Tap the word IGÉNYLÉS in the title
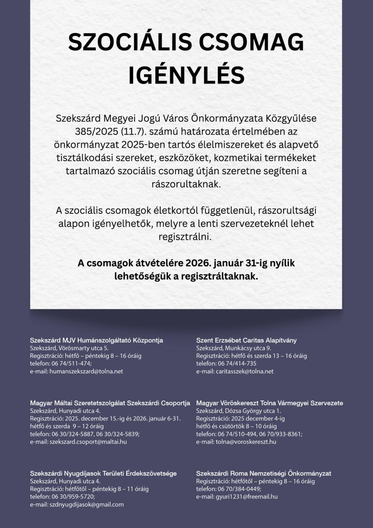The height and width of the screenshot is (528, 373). click(x=186, y=75)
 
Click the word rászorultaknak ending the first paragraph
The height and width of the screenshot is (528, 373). click(x=186, y=183)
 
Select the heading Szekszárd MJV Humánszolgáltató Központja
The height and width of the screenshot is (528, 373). click(x=96, y=340)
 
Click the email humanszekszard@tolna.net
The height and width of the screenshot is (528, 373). click(x=86, y=371)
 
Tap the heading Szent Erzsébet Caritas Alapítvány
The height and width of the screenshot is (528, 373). click(x=246, y=340)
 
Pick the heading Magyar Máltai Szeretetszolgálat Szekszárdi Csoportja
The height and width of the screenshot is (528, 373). click(x=110, y=403)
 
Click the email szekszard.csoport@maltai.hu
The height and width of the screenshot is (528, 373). click(x=88, y=442)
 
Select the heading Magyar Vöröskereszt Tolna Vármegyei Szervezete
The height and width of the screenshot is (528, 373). click(x=270, y=403)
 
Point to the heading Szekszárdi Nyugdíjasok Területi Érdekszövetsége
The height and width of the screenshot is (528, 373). click(x=103, y=473)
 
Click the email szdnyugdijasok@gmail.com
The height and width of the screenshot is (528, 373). click(x=87, y=505)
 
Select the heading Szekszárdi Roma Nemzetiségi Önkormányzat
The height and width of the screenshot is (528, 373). click(x=263, y=473)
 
